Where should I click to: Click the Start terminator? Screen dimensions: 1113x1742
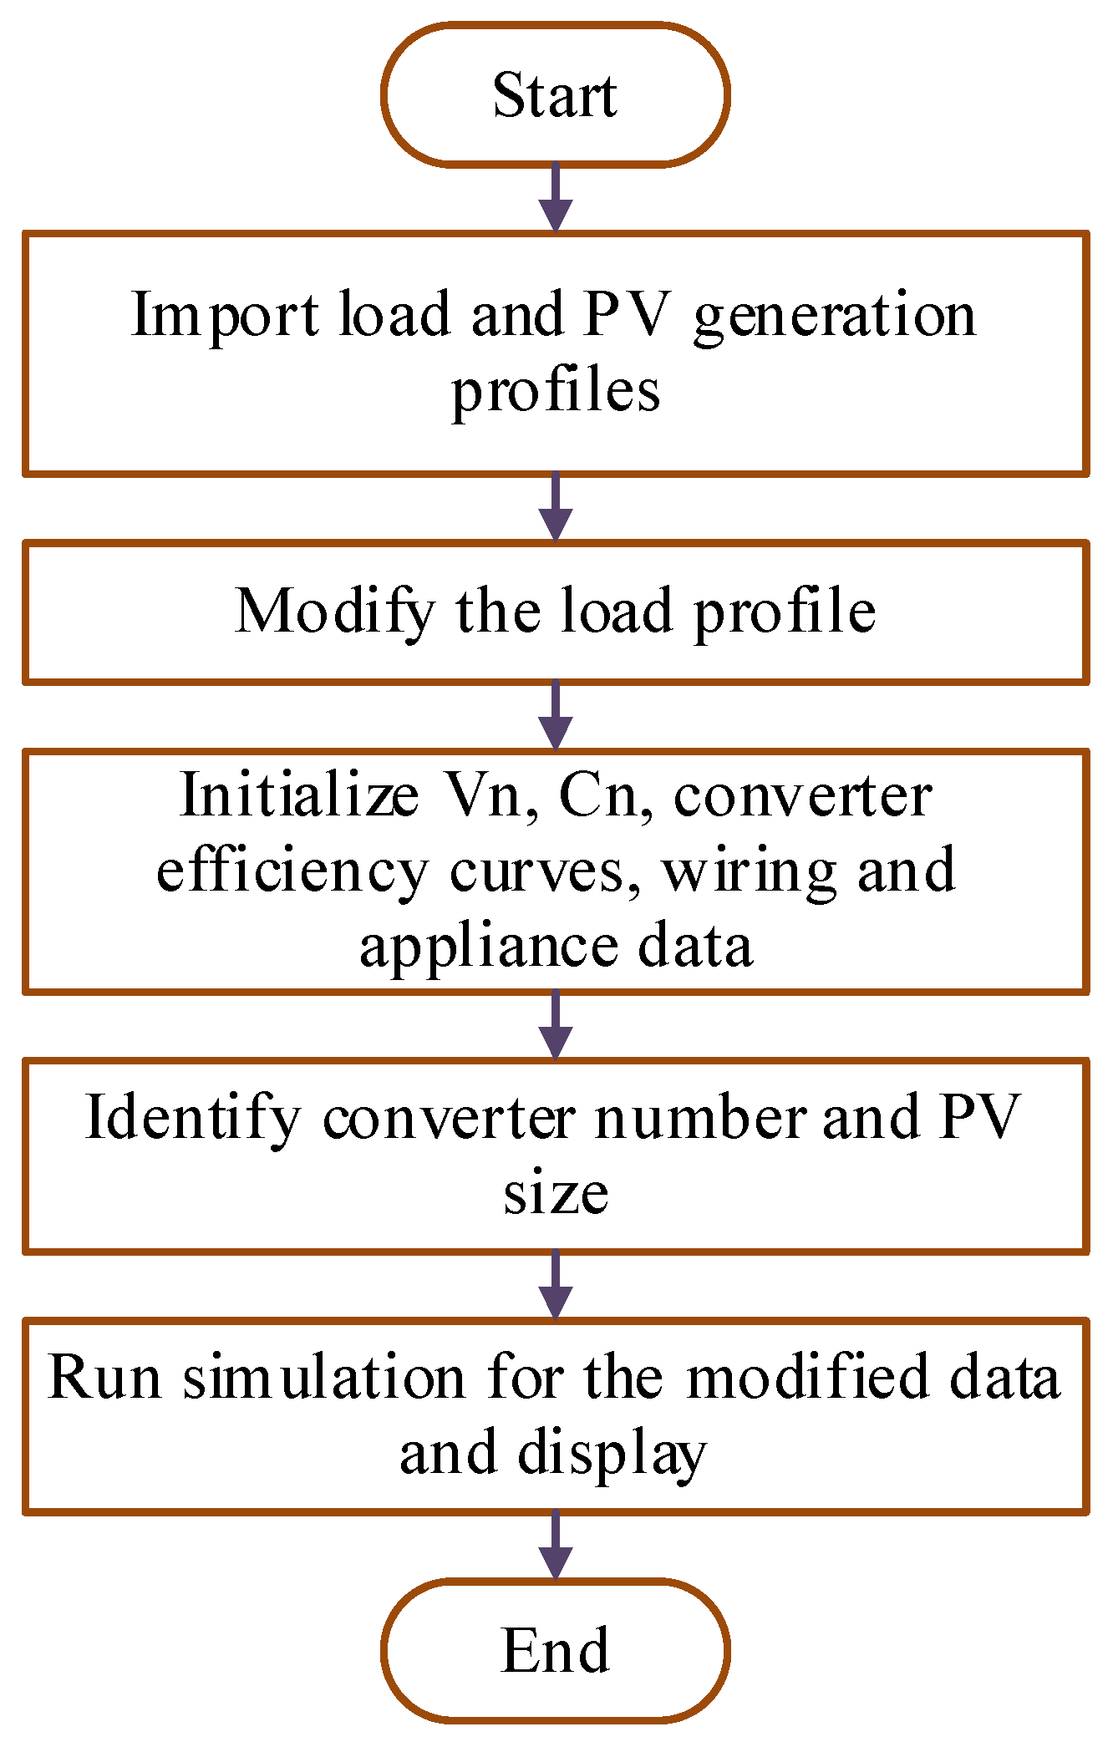(x=556, y=94)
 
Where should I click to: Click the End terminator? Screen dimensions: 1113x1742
(x=556, y=1649)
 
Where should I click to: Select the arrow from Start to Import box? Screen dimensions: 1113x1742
(x=556, y=197)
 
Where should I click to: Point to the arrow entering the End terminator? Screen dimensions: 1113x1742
(x=556, y=1546)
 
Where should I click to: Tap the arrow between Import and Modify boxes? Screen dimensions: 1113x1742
(x=556, y=507)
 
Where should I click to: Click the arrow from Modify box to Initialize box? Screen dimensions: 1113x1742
(x=556, y=716)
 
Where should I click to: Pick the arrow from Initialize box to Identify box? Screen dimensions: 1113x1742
(x=556, y=1025)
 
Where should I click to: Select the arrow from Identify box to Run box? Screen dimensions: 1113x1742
(x=556, y=1285)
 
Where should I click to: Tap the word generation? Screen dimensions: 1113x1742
(x=834, y=317)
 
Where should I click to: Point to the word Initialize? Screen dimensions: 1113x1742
(x=299, y=795)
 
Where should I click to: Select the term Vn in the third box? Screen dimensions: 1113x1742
(x=484, y=795)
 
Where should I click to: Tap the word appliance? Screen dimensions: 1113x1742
(x=489, y=947)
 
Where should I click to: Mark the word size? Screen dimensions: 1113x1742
(x=556, y=1192)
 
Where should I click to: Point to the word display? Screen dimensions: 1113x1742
(x=612, y=1455)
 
